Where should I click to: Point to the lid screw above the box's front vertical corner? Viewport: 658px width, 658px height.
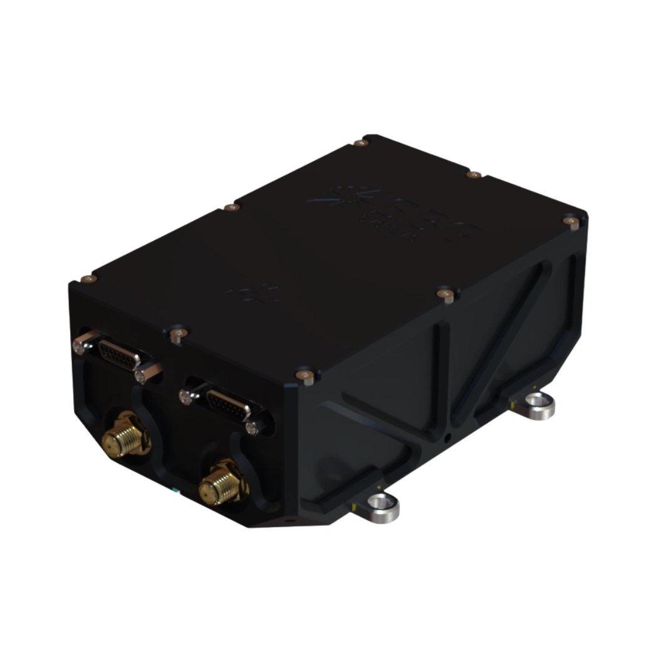point(307,375)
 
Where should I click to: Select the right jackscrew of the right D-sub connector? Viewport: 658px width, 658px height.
point(252,427)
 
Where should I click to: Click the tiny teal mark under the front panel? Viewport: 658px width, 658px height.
point(177,492)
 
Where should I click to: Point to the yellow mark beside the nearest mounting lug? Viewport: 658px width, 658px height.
point(355,504)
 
